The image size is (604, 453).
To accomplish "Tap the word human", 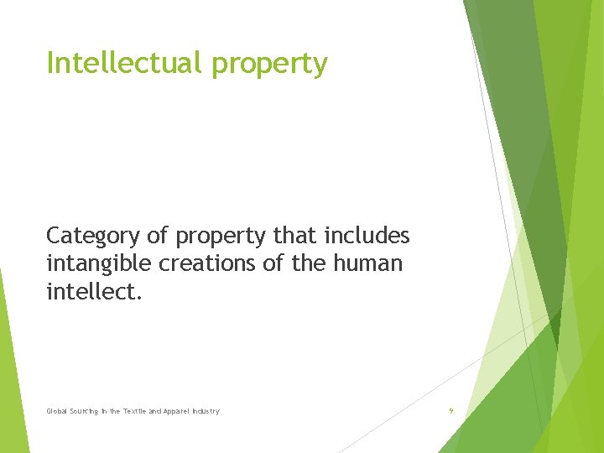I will (367, 263).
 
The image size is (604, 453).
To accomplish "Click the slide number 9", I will (450, 411).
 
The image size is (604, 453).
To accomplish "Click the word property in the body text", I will (214, 236).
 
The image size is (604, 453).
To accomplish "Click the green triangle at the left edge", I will (10, 369).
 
